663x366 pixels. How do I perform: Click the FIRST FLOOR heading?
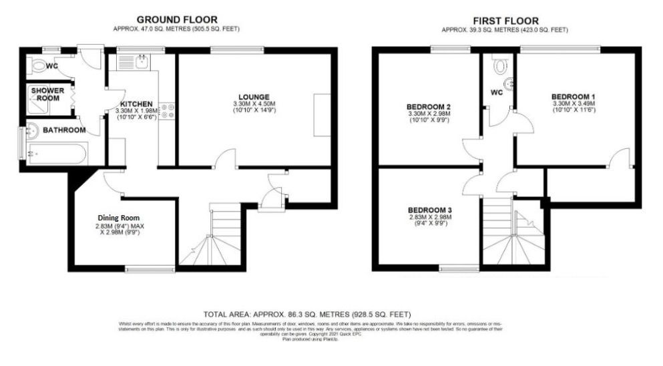click(505, 21)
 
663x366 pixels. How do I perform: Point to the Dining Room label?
click(119, 218)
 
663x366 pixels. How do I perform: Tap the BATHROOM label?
click(64, 130)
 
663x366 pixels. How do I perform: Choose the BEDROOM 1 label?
click(574, 96)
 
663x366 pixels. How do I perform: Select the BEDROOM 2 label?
click(429, 106)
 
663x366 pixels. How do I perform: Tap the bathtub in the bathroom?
click(53, 154)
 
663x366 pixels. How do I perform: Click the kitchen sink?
click(142, 63)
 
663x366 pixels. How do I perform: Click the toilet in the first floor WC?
click(499, 65)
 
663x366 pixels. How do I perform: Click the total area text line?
click(307, 314)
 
